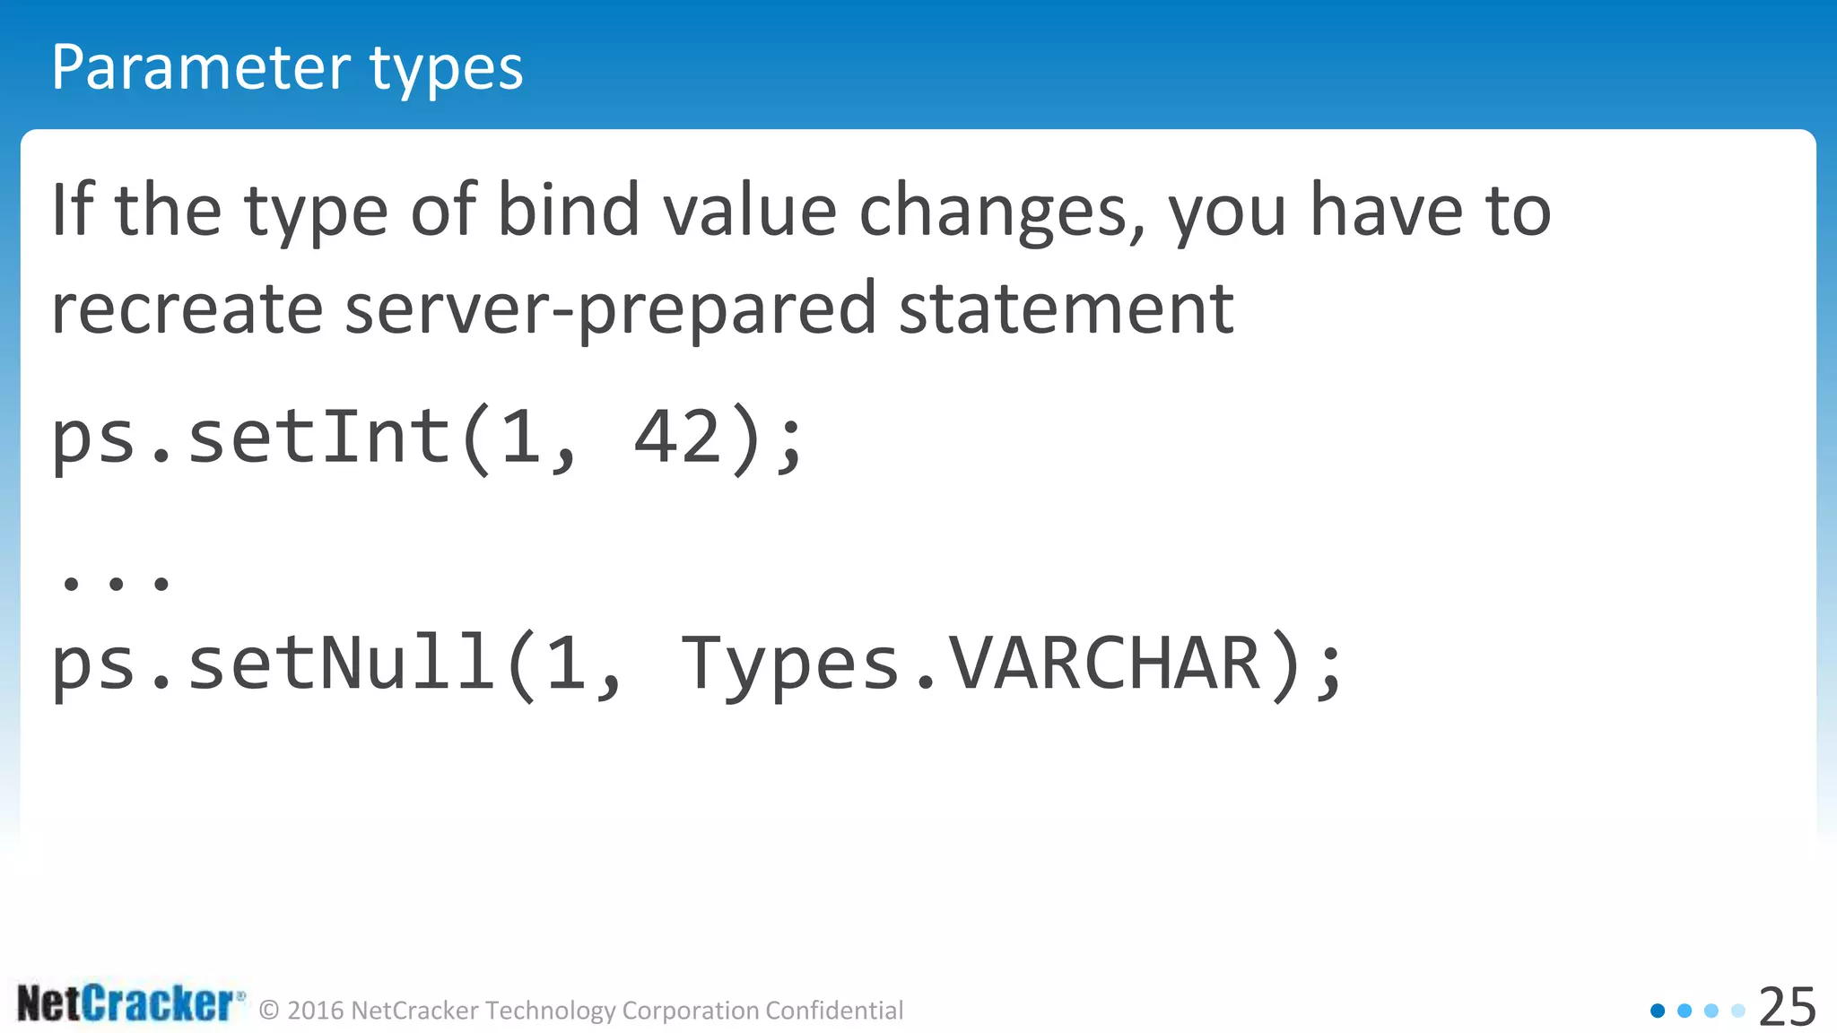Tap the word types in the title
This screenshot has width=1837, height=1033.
pos(446,70)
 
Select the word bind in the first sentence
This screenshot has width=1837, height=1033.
pos(568,210)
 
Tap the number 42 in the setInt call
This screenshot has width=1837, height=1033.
pos(678,438)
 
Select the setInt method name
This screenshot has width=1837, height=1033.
pos(318,438)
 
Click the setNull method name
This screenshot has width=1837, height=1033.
pos(341,664)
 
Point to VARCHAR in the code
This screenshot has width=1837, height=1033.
pos(1105,664)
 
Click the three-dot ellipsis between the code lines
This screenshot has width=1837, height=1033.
pos(116,584)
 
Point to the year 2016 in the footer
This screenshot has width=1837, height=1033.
pos(316,1011)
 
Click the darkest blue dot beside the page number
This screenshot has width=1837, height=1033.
pos(1658,1011)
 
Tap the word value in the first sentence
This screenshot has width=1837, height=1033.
pos(749,210)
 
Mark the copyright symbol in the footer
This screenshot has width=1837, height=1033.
pos(269,1011)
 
